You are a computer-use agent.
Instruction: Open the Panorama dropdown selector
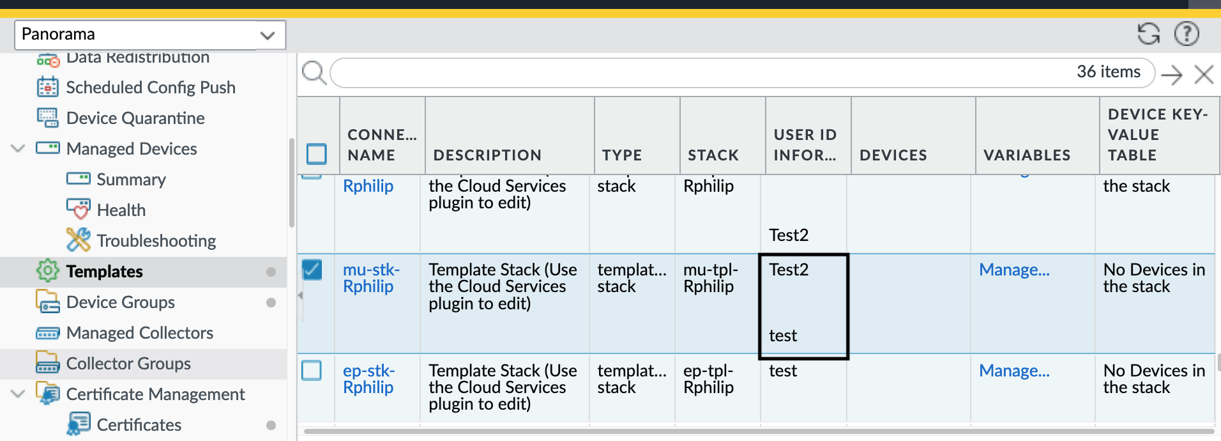coord(149,35)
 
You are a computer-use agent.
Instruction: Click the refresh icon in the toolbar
coord(1148,34)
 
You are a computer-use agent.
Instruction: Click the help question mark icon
coord(1187,34)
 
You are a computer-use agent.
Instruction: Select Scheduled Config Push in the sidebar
coord(150,88)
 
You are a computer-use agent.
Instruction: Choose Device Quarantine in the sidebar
coord(135,118)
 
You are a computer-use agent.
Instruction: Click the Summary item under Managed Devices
coord(131,180)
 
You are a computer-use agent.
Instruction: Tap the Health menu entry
coord(121,210)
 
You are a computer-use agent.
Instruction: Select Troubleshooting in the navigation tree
coord(156,241)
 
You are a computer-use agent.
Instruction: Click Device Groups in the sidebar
coord(120,302)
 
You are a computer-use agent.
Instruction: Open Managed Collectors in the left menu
coord(139,333)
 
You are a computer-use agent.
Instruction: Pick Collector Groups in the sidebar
coord(128,364)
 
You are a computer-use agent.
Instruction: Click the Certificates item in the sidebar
coord(139,425)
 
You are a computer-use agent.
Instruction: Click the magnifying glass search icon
coord(314,73)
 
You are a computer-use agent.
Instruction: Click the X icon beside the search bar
coord(1204,75)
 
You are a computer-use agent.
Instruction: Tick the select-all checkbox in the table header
coord(317,154)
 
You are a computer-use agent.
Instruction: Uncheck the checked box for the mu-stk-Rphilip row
coord(312,270)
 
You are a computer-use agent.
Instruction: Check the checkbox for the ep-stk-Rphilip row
coord(312,371)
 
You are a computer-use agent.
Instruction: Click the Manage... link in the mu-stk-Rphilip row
coord(1014,270)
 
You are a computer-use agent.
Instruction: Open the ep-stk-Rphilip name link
coord(368,379)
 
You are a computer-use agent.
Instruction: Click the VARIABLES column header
coord(1026,155)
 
